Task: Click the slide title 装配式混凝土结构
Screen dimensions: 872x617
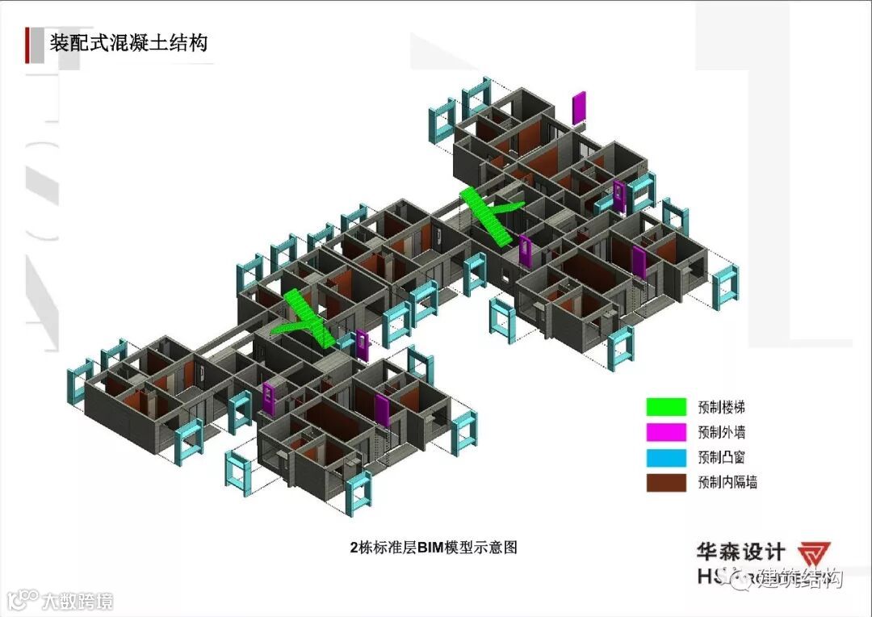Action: coord(128,42)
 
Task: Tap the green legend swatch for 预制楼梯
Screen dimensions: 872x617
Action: coord(665,407)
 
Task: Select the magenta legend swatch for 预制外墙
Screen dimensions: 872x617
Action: coord(665,432)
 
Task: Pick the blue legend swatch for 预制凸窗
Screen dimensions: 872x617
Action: coord(665,457)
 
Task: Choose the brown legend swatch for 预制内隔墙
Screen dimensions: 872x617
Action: coord(665,483)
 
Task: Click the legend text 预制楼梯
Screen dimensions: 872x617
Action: coord(721,407)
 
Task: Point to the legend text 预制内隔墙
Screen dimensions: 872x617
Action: coord(727,483)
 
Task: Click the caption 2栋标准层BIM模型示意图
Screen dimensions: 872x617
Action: coord(434,548)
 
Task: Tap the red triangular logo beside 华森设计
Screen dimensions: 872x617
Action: coord(816,555)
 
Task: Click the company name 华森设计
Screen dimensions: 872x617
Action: coord(740,552)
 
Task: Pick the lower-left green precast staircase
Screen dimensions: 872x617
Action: coord(305,318)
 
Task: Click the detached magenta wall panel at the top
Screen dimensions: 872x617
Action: coord(578,108)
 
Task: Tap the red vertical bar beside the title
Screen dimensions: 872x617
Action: coord(29,44)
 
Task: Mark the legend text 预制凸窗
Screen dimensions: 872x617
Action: coord(721,457)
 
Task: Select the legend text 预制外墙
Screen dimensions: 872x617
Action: coord(721,432)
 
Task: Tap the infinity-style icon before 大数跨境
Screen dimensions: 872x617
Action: coord(23,600)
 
